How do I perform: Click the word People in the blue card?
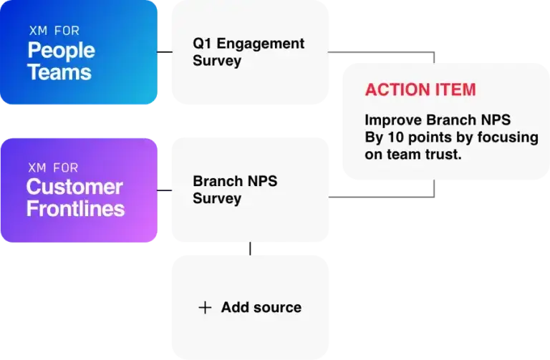61,51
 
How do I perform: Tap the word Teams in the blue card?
59,72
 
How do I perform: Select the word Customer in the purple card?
74,188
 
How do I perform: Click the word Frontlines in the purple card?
75,209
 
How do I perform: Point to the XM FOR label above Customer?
52,167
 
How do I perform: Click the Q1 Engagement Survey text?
248,52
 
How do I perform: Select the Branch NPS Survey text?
234,190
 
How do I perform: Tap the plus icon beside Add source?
205,307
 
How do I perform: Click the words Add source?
261,307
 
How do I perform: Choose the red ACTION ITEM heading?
420,90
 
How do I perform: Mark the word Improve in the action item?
392,120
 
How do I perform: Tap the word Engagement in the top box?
260,44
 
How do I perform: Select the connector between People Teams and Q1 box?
164,52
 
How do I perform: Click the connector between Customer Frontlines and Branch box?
164,191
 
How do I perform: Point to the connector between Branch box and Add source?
249,248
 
